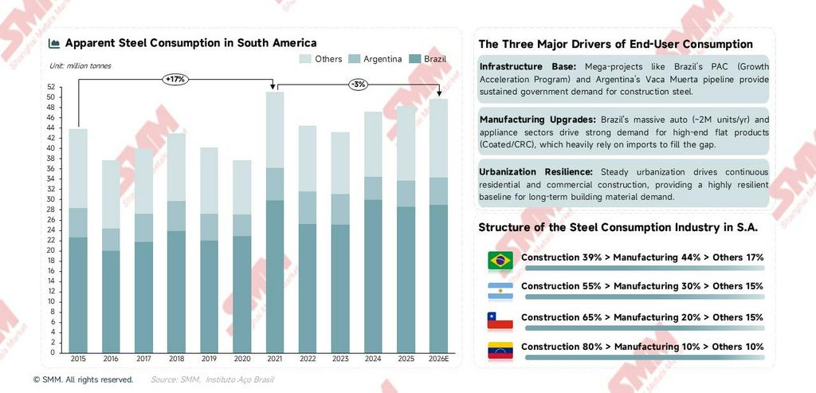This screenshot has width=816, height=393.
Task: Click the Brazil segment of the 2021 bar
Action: coord(275,276)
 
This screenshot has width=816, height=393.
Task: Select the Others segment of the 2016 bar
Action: coord(111,195)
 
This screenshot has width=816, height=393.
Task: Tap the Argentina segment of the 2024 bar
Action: coord(373,188)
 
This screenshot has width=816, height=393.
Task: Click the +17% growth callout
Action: coord(175,79)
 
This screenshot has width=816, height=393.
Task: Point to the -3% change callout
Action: coord(358,84)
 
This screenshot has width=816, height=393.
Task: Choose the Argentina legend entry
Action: coord(377,59)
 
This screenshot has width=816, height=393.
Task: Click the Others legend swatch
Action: coord(305,59)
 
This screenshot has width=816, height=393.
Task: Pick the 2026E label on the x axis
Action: coord(438,360)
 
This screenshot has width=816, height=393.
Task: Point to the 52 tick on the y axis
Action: coord(51,88)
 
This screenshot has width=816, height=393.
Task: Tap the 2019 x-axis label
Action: coord(209,360)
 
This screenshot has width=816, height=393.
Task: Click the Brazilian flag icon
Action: coord(500,260)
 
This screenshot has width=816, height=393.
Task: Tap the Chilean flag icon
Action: coord(500,320)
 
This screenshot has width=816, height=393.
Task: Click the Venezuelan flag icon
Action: coord(500,349)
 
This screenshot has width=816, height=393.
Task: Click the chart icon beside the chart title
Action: coord(54,43)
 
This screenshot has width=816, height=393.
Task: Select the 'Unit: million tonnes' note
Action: coord(80,65)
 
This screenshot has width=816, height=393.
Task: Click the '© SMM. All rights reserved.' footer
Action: coord(83,380)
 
